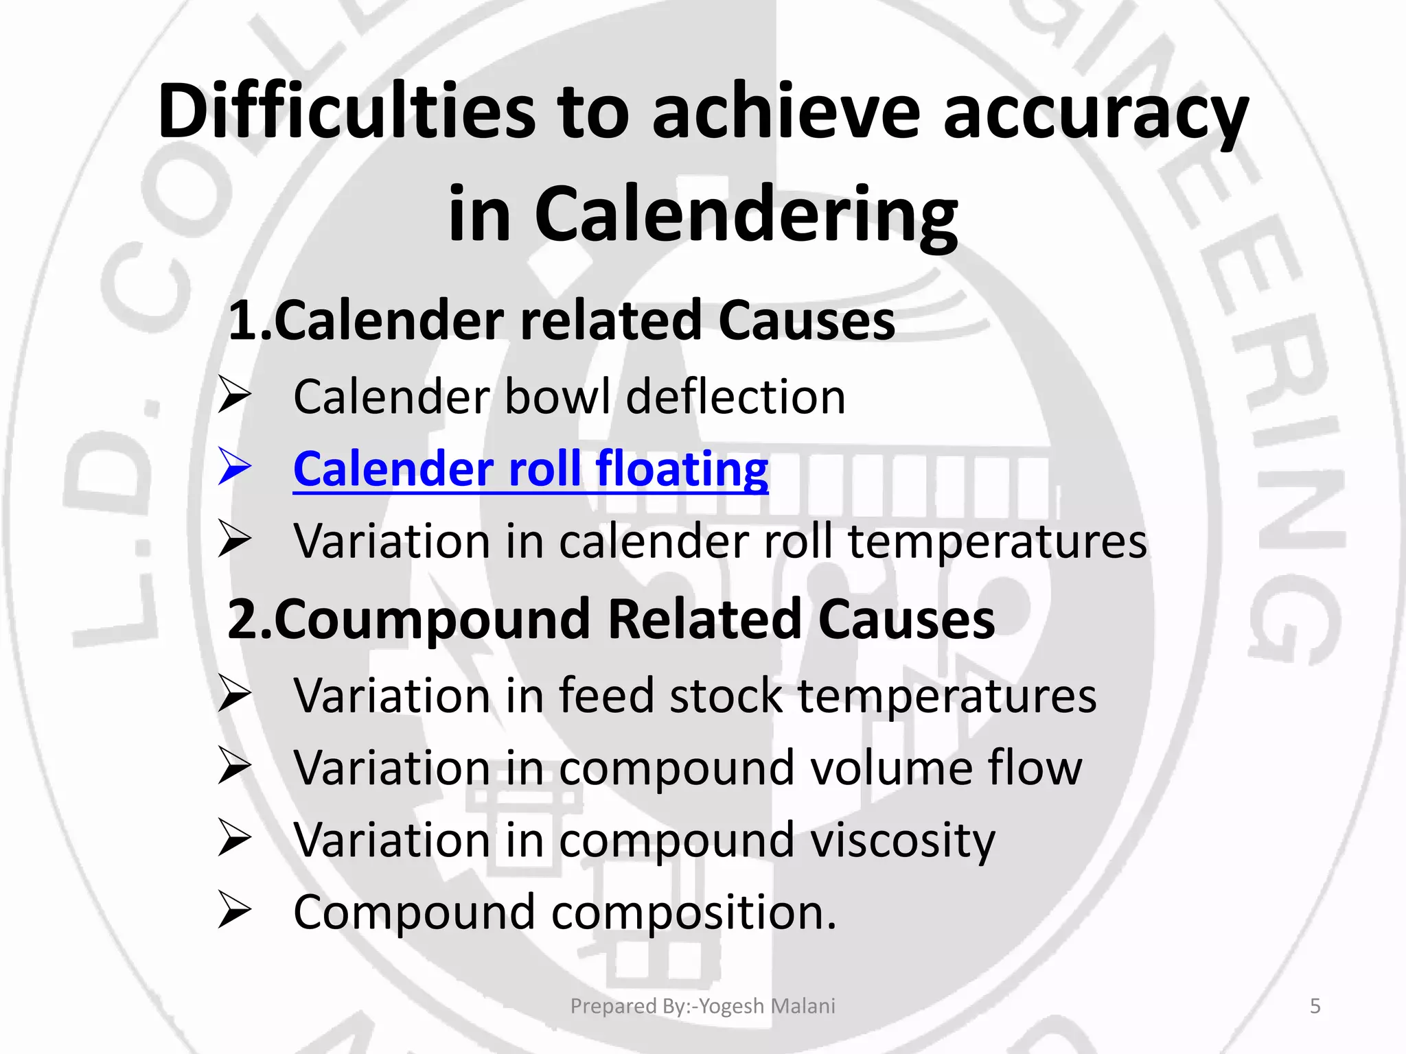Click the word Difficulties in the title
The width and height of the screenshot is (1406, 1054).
pos(347,111)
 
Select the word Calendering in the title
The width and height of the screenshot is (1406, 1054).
pos(746,215)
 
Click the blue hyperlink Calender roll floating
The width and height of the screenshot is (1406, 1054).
pos(530,469)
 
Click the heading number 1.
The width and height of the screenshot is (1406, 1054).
pos(244,321)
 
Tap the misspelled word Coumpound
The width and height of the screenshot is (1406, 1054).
pos(432,620)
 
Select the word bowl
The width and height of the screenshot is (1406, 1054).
pos(557,397)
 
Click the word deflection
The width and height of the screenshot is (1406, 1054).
pos(735,397)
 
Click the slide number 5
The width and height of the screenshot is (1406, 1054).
pos(1315,1006)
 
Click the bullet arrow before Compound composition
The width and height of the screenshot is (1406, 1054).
pos(234,911)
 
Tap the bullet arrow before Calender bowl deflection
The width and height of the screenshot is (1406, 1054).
pos(234,396)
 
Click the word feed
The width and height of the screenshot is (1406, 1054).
pos(607,696)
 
